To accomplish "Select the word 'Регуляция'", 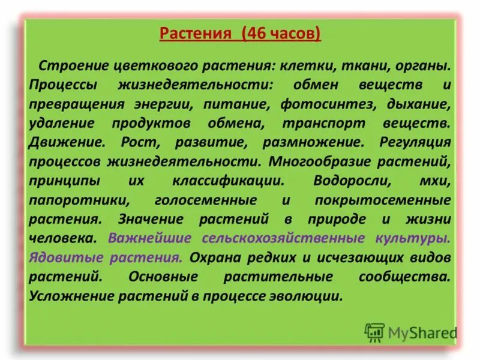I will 415,142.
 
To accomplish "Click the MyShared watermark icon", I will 374,332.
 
